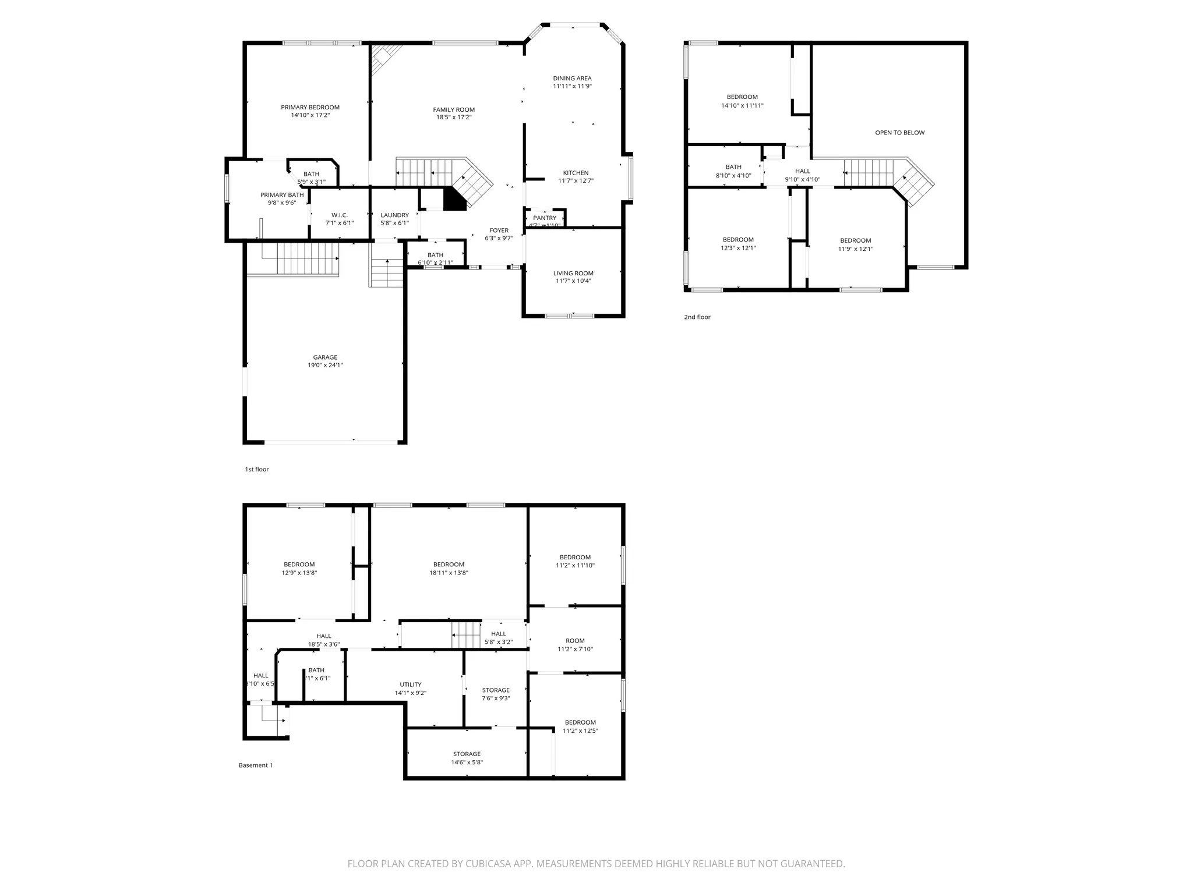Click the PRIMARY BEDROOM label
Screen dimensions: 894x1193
(x=310, y=107)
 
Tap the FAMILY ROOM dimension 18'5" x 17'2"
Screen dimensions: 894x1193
(x=454, y=118)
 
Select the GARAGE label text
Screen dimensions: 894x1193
(x=325, y=357)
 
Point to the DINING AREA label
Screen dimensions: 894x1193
(x=572, y=79)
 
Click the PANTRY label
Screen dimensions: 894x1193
(x=545, y=218)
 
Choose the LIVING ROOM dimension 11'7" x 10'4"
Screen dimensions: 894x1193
(x=573, y=281)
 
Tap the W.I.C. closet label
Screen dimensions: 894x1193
(x=340, y=215)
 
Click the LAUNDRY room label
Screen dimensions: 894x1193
(x=394, y=215)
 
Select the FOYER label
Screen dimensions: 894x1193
(x=499, y=230)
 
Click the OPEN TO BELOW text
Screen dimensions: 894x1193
(x=899, y=133)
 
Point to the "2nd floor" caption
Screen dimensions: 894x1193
(x=697, y=317)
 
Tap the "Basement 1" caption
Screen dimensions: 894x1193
(x=255, y=765)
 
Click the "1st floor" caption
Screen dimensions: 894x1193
(x=257, y=469)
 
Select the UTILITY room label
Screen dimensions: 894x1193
(x=410, y=684)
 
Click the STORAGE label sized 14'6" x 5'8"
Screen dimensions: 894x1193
(x=467, y=754)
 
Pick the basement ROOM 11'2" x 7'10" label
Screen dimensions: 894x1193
(x=575, y=641)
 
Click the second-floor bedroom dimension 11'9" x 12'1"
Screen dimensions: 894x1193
(x=855, y=249)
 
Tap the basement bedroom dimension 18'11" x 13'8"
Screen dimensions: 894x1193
(x=449, y=573)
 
